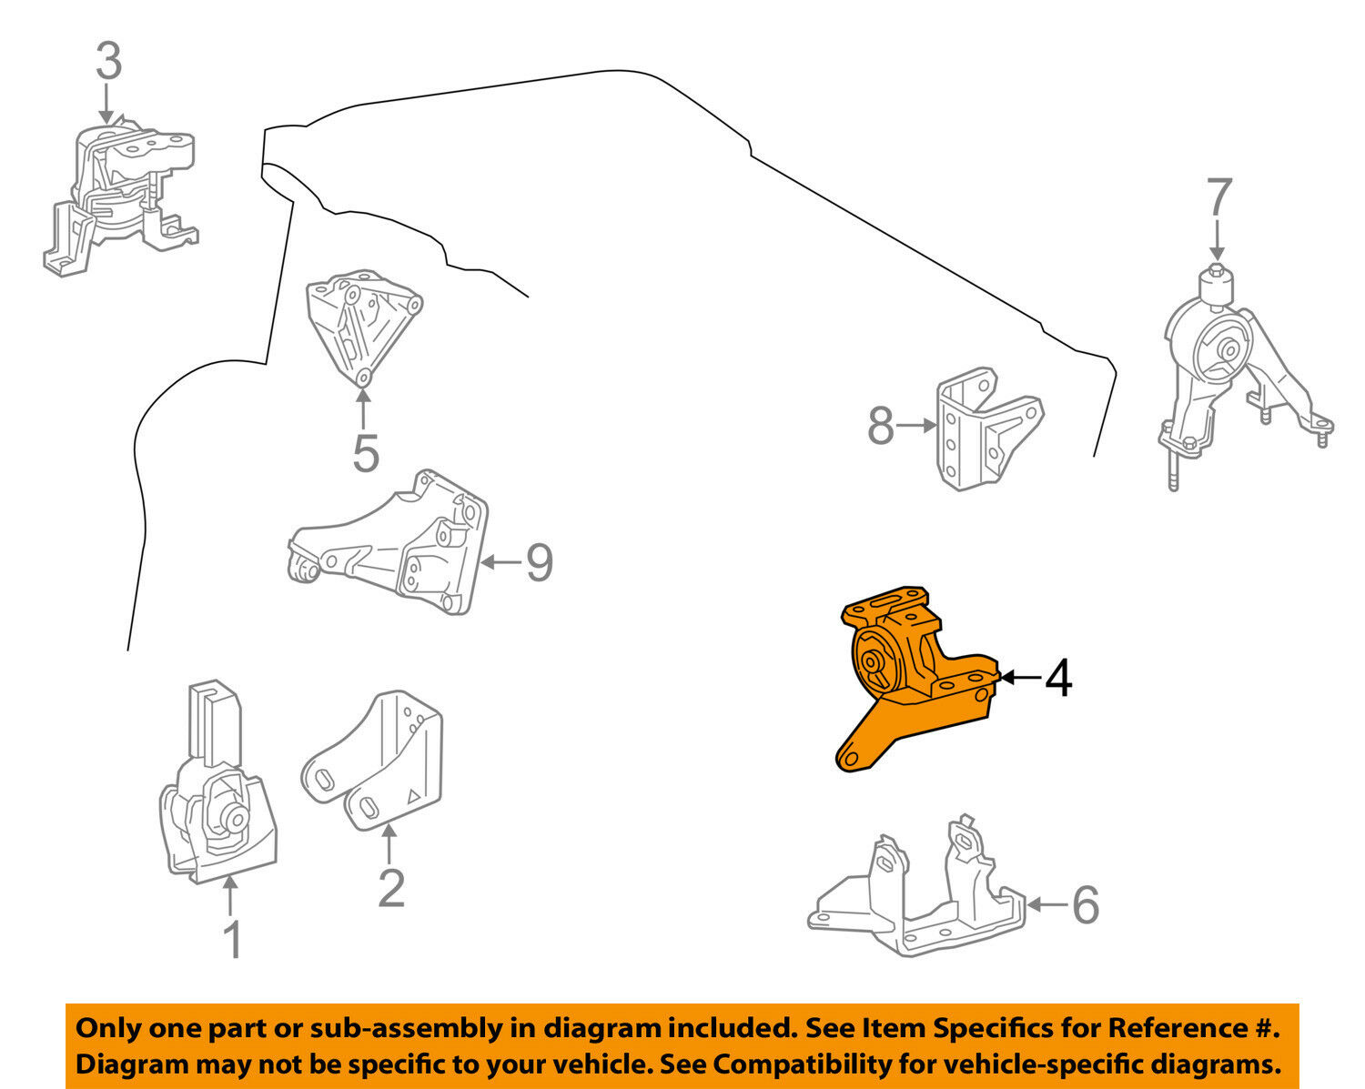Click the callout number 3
[108, 62]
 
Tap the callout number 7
[1218, 198]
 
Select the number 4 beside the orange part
[1057, 678]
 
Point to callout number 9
[539, 562]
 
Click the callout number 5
[365, 452]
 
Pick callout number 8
[880, 426]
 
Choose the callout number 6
[1085, 904]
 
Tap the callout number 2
[390, 887]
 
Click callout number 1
[232, 939]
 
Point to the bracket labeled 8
[983, 428]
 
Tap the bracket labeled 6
[915, 896]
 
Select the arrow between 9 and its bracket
[500, 562]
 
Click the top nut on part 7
[1217, 271]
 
